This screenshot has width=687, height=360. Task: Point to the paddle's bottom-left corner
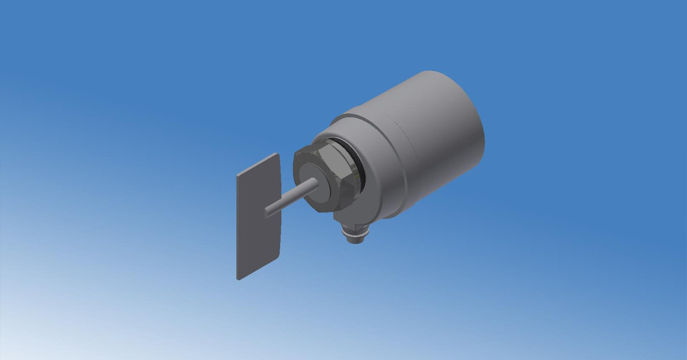point(238,276)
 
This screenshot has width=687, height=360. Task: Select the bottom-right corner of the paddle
point(280,256)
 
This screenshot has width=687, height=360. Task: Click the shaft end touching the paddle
point(268,211)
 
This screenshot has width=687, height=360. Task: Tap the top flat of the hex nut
point(326,146)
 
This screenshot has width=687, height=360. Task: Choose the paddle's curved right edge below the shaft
point(280,233)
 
